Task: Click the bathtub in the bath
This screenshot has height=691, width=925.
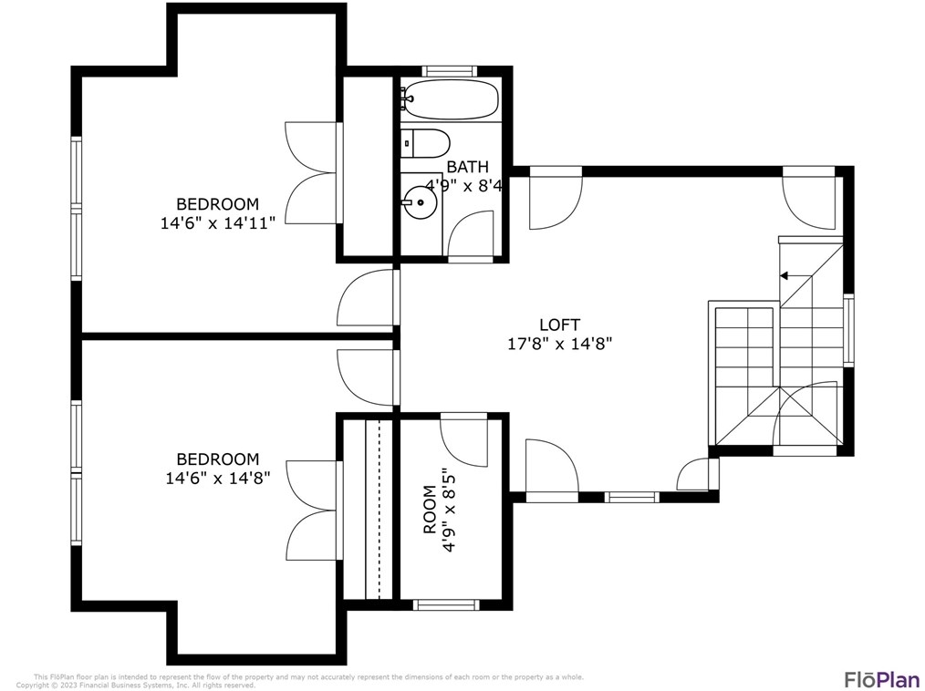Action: coord(451,99)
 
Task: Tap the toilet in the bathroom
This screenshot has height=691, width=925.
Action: coord(426,143)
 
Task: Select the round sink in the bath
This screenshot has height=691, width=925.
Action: coord(421,201)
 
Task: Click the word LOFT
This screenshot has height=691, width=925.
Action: coord(559,325)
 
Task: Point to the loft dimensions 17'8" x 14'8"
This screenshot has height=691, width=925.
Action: coord(559,345)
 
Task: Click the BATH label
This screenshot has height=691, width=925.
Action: coord(467,167)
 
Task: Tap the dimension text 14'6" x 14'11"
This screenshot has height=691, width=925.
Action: coord(217,223)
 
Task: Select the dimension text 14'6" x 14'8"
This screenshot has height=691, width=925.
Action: coord(217,479)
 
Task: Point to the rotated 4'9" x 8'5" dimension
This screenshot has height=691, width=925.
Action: coord(449,510)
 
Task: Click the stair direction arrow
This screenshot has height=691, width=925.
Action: coord(784,274)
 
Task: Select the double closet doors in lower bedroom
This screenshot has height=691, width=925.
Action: coord(312,511)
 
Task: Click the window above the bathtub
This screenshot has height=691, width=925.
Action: coord(449,71)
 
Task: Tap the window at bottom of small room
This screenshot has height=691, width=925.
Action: coord(445,603)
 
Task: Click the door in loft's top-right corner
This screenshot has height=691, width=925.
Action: coord(810,198)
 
